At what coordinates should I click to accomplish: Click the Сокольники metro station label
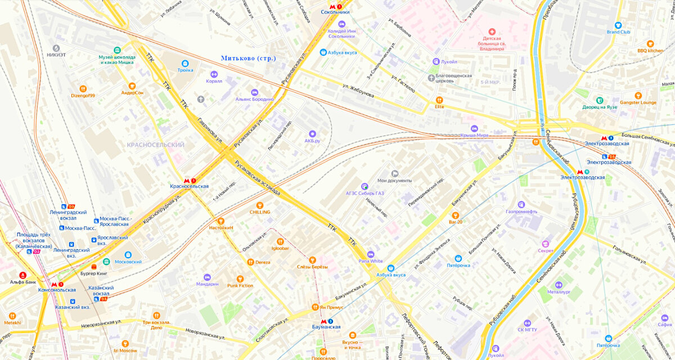(335, 12)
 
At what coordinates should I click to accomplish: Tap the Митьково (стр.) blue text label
(248, 58)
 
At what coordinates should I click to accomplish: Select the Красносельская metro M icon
(186, 180)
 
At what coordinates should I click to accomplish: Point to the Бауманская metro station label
(326, 327)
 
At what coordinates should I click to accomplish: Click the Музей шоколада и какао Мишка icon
(117, 51)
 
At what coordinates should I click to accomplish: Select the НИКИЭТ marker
(56, 48)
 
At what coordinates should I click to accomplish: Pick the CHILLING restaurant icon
(259, 205)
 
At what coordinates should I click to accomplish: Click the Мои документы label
(395, 181)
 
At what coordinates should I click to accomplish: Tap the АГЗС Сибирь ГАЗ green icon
(364, 186)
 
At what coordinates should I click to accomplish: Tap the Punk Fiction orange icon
(240, 278)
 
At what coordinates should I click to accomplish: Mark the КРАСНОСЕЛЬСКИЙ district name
(156, 145)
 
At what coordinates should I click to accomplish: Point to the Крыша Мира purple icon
(474, 128)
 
